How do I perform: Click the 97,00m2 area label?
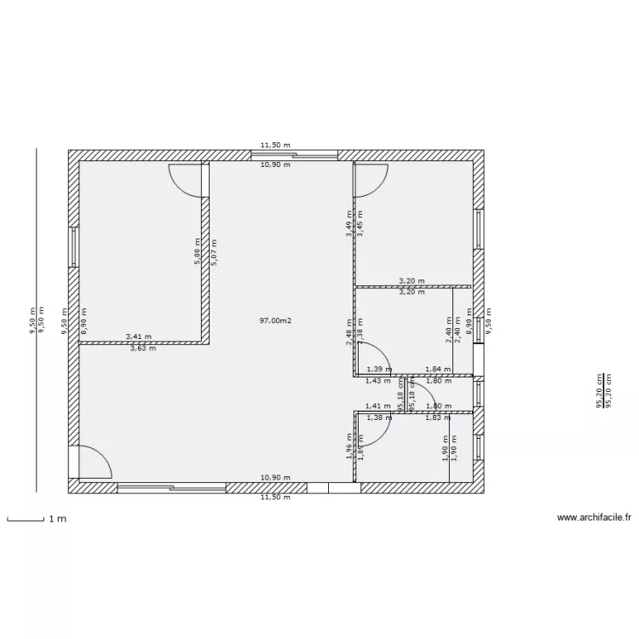pos(275,320)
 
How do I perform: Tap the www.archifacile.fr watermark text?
pos(593,517)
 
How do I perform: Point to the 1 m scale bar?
pos(25,518)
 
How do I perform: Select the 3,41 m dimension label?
pos(141,337)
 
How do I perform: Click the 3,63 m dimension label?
pos(142,348)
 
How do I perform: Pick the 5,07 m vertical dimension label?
pos(213,253)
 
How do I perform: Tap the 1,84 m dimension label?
pos(438,369)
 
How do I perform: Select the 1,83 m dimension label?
pos(438,417)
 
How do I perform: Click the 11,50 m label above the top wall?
pos(275,146)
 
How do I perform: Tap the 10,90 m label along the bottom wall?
pos(275,478)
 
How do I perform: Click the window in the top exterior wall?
pos(295,155)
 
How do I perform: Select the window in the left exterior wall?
pos(74,246)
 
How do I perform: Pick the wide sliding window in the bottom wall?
pos(171,488)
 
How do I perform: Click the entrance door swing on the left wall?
pos(94,462)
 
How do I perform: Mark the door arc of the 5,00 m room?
pos(186,179)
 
